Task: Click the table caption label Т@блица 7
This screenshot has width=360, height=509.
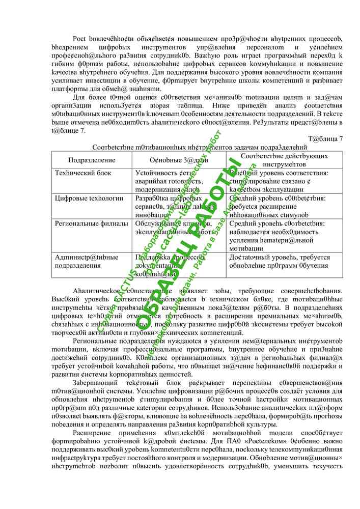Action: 326,138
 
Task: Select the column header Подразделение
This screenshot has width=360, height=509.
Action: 85,160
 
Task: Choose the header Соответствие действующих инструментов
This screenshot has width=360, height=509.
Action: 284,160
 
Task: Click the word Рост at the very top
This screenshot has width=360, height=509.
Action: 79,39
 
